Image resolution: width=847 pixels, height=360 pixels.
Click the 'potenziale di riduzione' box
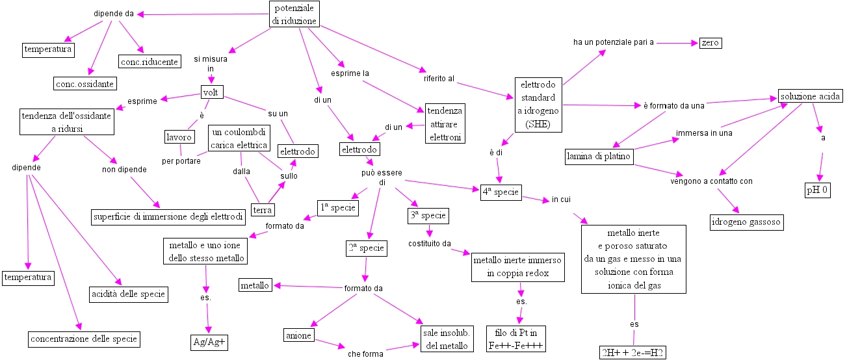[295, 14]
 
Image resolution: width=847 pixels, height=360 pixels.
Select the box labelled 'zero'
[710, 43]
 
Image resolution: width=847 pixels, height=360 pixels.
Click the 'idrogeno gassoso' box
[746, 222]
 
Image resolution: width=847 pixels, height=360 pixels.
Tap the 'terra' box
[263, 209]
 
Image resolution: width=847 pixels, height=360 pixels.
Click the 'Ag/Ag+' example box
[209, 342]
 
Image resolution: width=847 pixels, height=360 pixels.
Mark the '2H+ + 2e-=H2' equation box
[633, 353]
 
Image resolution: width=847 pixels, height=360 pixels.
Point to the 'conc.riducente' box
[149, 62]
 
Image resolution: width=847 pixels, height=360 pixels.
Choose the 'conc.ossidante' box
[85, 83]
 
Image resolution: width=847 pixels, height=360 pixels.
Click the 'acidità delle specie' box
[128, 294]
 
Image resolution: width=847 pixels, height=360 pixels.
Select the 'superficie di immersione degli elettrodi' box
[168, 216]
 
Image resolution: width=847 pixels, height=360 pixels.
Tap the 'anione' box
[299, 335]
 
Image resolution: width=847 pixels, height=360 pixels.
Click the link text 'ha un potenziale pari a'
[613, 42]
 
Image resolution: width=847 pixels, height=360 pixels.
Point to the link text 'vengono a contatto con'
[711, 181]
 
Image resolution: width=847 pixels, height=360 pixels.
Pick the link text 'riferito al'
[439, 79]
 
